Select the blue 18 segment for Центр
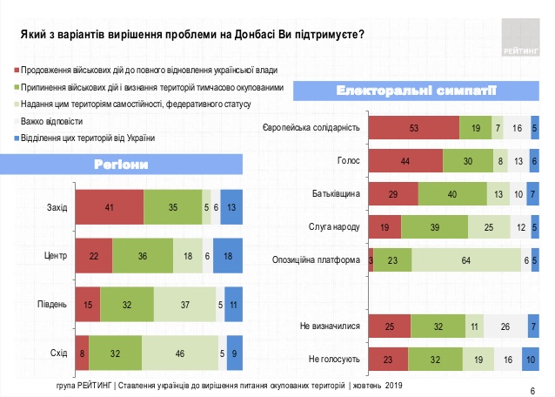226,258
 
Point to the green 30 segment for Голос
468,161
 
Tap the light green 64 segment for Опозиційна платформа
466,259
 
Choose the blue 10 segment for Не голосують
530,358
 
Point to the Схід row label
57,353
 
